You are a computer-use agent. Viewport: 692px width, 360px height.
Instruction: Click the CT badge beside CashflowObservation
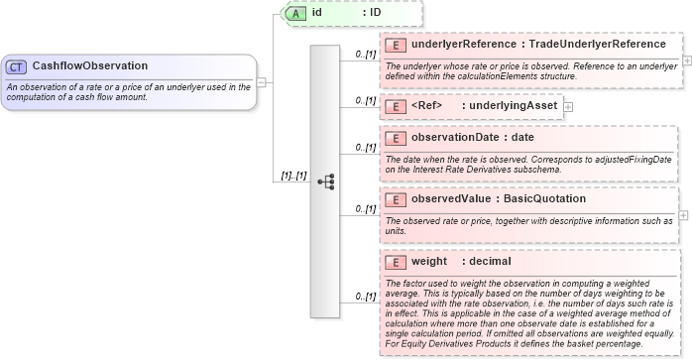tap(17, 66)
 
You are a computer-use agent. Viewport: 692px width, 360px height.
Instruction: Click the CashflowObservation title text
tap(90, 66)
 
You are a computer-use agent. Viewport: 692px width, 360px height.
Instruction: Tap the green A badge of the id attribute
tap(295, 13)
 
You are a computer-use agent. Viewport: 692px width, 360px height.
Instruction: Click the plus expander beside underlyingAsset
tap(568, 105)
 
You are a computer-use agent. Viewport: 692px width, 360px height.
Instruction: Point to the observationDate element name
tap(459, 138)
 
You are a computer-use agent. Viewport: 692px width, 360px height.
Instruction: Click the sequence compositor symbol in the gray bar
tap(324, 181)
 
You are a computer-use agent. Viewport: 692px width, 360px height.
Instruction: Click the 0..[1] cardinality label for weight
tap(365, 297)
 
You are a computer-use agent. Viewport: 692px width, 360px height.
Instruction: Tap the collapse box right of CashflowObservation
tap(262, 82)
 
